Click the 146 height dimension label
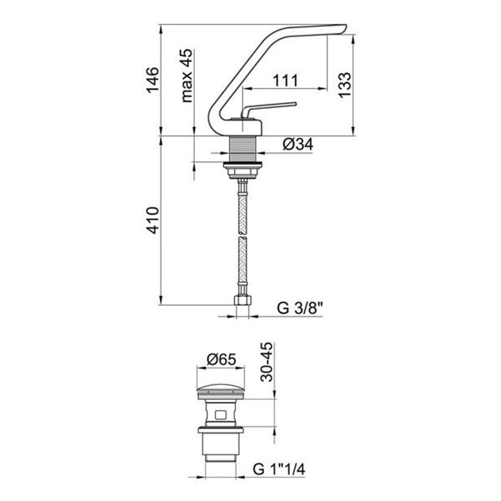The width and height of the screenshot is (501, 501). [152, 80]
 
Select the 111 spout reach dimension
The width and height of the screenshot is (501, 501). [285, 81]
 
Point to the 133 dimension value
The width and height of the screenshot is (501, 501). [345, 85]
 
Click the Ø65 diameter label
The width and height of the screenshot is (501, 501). [221, 360]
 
